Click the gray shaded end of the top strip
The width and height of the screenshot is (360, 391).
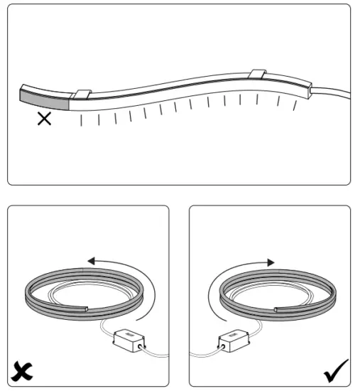(x=42, y=97)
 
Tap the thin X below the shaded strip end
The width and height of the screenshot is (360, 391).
(x=44, y=119)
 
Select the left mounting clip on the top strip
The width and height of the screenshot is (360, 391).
(x=83, y=94)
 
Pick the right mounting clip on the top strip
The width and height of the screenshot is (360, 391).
(x=258, y=74)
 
